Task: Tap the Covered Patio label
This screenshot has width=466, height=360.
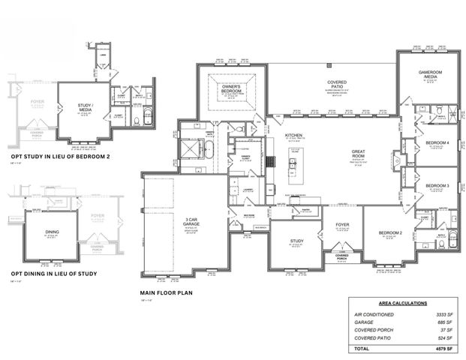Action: pos(335,85)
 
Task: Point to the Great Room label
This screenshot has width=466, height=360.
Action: pos(358,154)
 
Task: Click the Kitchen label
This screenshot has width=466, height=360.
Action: pos(293,136)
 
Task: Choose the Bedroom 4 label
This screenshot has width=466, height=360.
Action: pos(437,142)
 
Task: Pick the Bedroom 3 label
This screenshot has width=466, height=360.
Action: pos(437,185)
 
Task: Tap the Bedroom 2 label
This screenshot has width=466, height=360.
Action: pos(390,233)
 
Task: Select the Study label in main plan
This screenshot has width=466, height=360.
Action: pos(296,241)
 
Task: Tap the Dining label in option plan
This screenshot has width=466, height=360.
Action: pos(52,232)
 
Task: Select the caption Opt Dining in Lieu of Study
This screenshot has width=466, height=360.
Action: pos(53,274)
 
